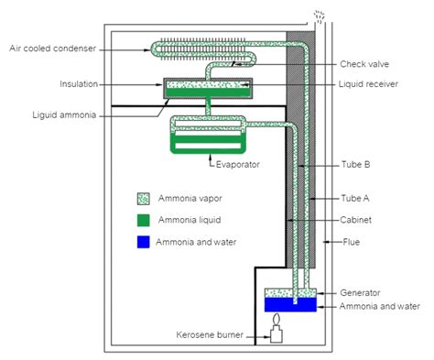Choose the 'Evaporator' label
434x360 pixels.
[239, 166]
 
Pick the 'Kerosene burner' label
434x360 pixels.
[212, 335]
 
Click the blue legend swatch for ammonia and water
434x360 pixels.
[143, 242]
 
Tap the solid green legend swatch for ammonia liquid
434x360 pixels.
[143, 220]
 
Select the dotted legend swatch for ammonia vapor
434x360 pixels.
[143, 199]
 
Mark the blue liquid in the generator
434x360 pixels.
[289, 302]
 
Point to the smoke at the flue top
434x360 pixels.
[319, 16]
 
